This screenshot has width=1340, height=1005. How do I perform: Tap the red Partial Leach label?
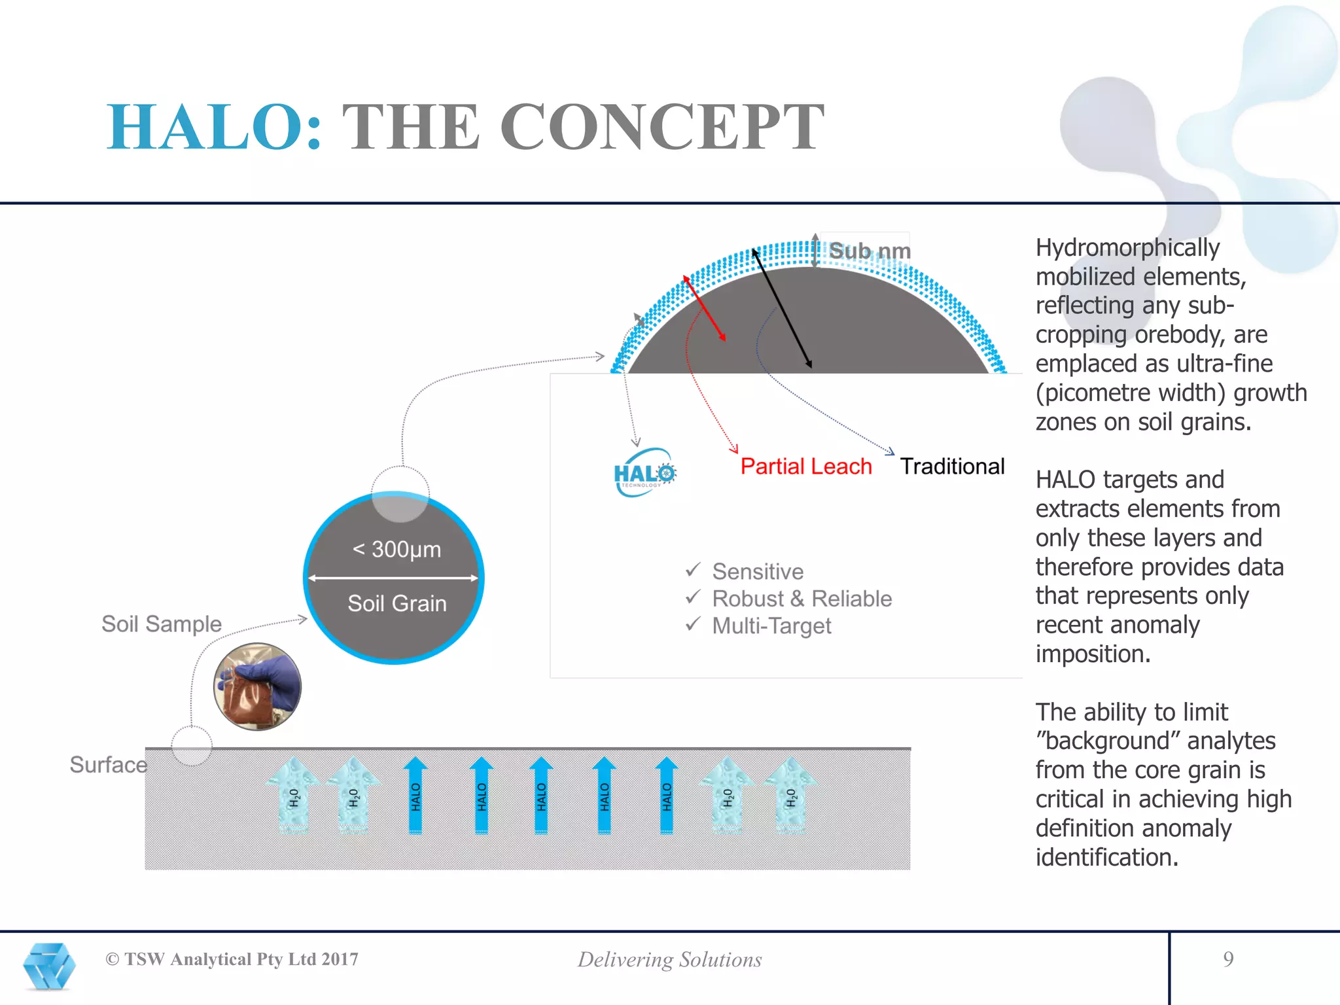(x=805, y=467)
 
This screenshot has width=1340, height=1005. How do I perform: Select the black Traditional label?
(x=951, y=467)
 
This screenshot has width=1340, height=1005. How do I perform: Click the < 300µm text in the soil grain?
(x=397, y=550)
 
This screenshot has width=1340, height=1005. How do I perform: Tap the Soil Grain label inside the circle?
(x=397, y=603)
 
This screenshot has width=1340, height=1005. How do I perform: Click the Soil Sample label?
(x=162, y=624)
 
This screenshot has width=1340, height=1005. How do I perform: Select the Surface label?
(x=108, y=764)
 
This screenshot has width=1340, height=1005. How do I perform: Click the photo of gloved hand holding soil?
(x=257, y=686)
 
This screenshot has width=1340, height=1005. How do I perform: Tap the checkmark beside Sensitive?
(x=693, y=570)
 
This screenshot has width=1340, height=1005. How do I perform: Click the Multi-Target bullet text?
(x=771, y=626)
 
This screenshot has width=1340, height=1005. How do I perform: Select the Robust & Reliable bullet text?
(x=802, y=599)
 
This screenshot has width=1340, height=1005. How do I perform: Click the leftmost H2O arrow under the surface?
(x=294, y=795)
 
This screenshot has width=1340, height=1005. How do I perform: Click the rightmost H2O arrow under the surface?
(x=790, y=795)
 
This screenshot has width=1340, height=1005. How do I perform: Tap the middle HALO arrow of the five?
(x=541, y=795)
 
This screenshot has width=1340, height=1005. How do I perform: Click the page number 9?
(x=1228, y=959)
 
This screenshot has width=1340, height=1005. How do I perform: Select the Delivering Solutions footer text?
(x=669, y=960)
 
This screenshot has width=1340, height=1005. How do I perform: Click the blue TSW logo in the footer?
(x=49, y=966)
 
